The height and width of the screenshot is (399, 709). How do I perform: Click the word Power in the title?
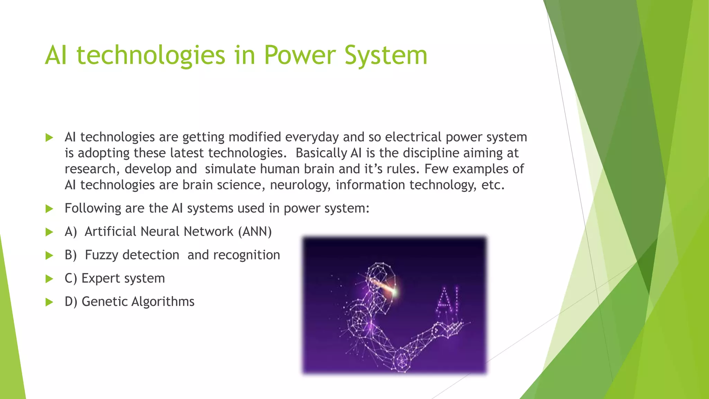(300, 55)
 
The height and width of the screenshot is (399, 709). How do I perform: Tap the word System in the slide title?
(386, 55)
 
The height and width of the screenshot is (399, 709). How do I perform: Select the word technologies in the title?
(151, 55)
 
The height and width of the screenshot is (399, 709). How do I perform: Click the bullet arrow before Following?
(50, 209)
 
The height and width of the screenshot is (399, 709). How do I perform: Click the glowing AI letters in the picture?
(448, 300)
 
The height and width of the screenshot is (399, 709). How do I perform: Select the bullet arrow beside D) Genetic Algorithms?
(50, 302)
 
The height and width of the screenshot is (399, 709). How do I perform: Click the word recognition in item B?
(246, 255)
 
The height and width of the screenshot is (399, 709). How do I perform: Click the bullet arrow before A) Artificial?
(50, 232)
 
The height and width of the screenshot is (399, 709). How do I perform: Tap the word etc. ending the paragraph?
(493, 185)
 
